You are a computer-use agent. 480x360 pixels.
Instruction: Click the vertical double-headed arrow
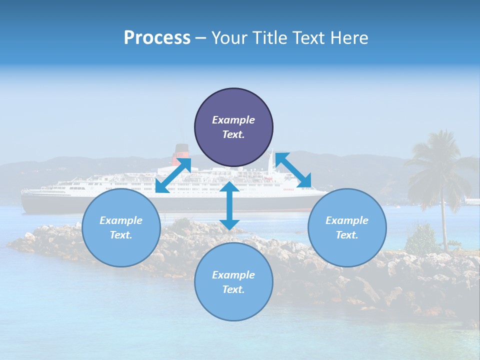(x=229, y=205)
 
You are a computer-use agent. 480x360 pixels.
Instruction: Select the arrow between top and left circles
(x=173, y=175)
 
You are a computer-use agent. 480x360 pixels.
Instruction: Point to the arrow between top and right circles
(x=293, y=170)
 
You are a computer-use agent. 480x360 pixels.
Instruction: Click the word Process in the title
(x=157, y=38)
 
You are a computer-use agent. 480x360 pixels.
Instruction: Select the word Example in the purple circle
(x=233, y=120)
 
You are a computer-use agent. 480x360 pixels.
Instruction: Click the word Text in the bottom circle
(x=232, y=289)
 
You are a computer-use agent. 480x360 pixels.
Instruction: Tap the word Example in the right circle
(x=347, y=220)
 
